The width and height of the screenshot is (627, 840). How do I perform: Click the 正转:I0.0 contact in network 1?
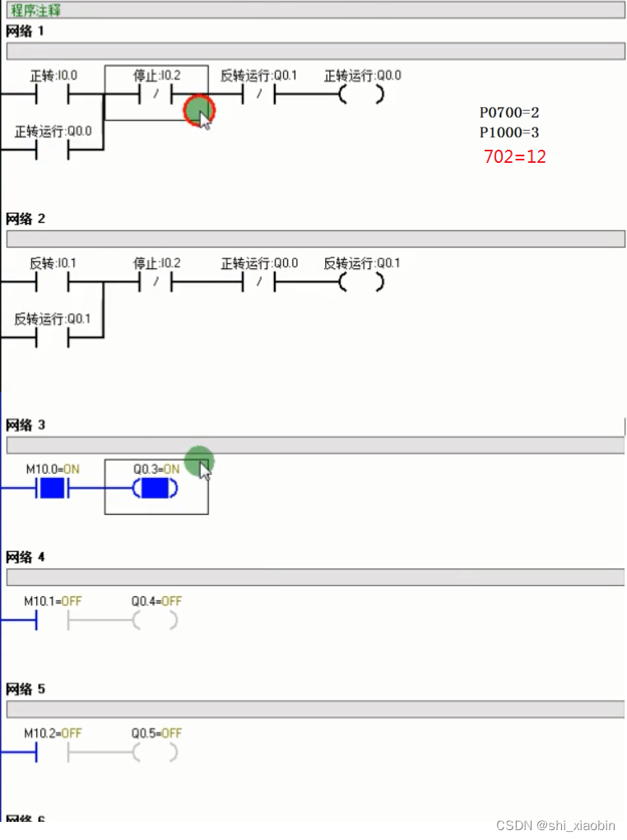coord(53,95)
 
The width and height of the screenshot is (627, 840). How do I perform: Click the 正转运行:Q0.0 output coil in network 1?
coord(362,95)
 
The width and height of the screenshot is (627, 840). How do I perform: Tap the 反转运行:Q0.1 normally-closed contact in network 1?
coord(258,95)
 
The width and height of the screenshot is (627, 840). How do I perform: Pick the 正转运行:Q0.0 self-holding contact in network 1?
coord(53,151)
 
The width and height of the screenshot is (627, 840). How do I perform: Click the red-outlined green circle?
coord(198,109)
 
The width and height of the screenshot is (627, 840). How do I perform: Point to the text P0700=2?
coord(509,112)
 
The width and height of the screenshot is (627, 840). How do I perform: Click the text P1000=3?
coord(509,132)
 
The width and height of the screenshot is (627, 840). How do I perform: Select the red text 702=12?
coord(514,156)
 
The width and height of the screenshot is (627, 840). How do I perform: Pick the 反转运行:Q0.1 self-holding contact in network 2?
coord(53,338)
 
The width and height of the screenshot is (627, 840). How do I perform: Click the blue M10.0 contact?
coord(53,489)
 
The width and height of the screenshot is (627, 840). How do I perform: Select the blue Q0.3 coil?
coord(156,489)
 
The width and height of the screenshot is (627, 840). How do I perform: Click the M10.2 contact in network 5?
coord(53,752)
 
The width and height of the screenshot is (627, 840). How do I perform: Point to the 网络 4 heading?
coord(25,558)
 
